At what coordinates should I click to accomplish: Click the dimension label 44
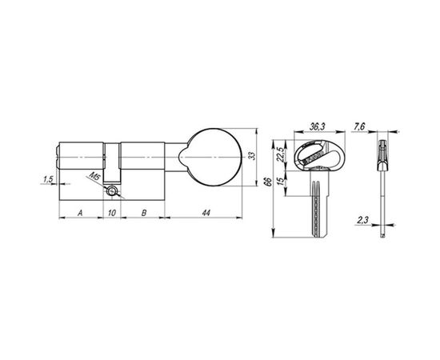pos(206,213)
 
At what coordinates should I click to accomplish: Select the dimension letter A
pos(80,213)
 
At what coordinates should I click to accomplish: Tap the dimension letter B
pos(143,213)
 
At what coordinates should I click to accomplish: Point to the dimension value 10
pos(112,213)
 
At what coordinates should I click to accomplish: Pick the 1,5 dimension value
pos(48,181)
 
